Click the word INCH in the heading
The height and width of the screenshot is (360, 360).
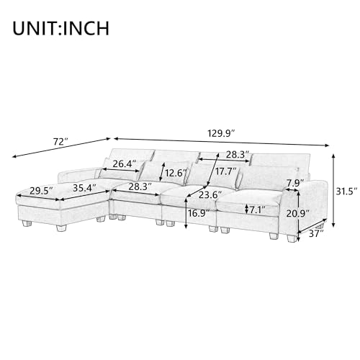85,29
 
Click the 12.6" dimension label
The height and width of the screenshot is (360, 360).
176,174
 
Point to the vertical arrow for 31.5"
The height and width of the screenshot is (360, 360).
333,191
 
